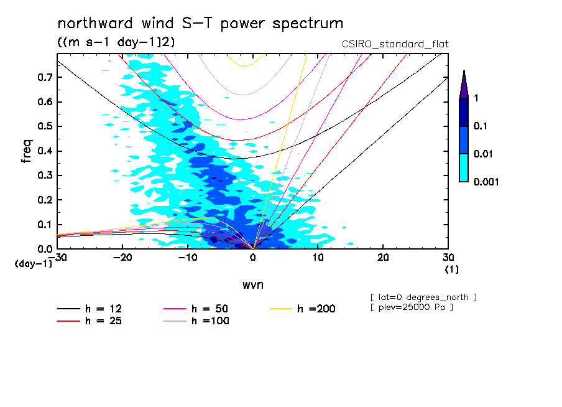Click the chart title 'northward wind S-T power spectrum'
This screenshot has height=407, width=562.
point(200,24)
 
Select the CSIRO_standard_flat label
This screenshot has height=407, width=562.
point(395,44)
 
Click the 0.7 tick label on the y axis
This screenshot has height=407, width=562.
point(44,77)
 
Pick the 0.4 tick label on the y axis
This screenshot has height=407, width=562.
point(44,151)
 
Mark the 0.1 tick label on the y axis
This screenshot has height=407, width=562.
point(44,224)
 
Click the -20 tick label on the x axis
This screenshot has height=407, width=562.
point(122,258)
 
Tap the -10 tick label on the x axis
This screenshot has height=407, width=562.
point(187,258)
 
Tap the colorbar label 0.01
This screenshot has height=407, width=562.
point(484,154)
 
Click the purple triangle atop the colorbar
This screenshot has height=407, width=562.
point(463,85)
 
